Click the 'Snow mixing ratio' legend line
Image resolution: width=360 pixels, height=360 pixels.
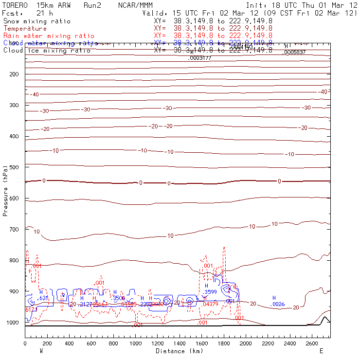tap(37, 21)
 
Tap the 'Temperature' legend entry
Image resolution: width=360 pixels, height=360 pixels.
tap(25, 29)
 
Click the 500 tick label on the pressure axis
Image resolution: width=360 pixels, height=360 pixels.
tap(13, 167)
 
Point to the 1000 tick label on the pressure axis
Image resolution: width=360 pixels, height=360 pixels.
tap(11, 323)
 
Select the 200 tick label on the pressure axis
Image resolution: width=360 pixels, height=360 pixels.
tap(13, 74)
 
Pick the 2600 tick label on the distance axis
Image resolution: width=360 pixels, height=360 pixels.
tap(312, 343)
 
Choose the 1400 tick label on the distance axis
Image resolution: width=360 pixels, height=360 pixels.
tap(179, 343)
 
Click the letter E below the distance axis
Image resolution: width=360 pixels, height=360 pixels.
tap(321, 351)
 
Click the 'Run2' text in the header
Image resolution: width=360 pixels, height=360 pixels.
tap(93, 5)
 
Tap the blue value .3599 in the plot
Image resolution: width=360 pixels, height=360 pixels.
tap(210, 291)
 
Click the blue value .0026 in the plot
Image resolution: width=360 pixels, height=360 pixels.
tap(278, 305)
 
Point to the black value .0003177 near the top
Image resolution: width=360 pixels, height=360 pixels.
tap(200, 58)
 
